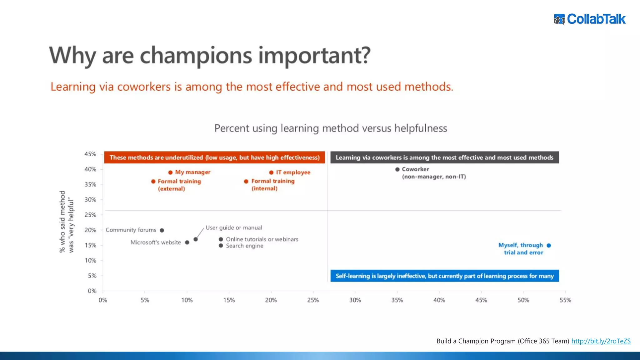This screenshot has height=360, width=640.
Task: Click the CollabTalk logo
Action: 590,19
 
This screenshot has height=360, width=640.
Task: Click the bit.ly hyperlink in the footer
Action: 601,341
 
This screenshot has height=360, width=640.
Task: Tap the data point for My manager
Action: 170,172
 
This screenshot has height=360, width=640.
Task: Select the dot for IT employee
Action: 271,172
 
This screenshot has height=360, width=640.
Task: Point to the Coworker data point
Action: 397,169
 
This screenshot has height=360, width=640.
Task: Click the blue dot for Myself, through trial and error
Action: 549,245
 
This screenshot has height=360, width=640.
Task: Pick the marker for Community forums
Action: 162,230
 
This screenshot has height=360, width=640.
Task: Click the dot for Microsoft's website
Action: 187,242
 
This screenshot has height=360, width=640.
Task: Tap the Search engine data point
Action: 221,246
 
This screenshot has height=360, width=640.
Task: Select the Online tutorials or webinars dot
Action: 221,239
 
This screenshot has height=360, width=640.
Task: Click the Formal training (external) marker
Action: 153,182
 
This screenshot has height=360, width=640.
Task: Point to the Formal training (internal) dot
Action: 246,182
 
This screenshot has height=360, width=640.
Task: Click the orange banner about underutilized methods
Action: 214,157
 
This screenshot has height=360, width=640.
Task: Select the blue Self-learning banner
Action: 444,276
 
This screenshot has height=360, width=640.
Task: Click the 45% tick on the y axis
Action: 90,154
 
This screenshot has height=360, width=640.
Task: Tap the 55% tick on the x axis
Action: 565,300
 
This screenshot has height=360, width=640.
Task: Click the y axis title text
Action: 67,222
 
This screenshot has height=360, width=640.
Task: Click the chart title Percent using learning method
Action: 330,128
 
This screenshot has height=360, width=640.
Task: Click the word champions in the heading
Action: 196,55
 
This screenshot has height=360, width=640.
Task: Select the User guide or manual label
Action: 234,228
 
